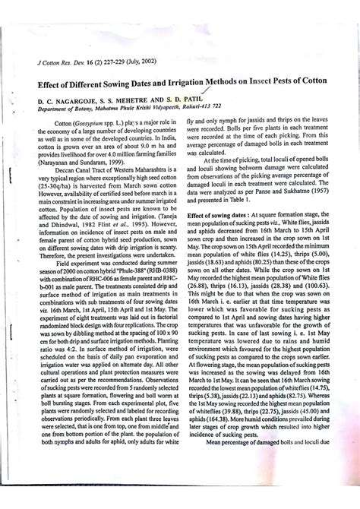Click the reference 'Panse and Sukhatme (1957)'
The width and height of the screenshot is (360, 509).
click(298, 205)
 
